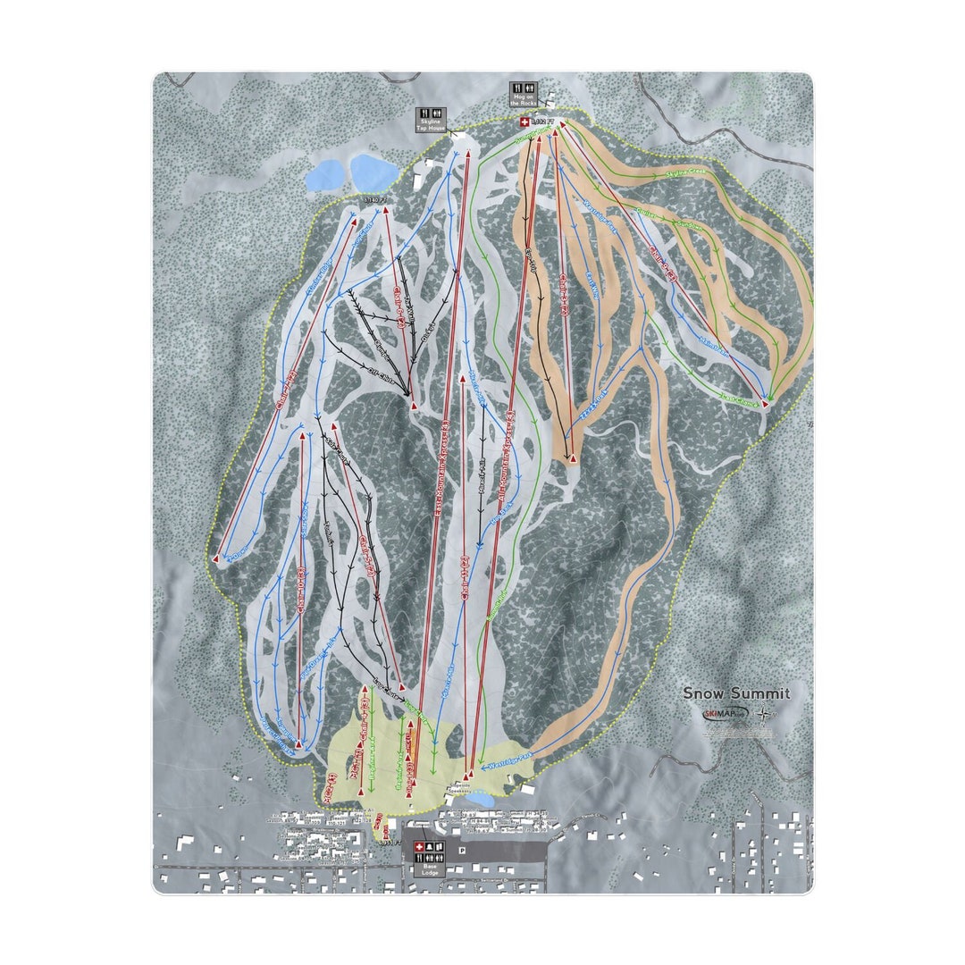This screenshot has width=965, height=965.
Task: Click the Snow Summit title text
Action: pyautogui.click(x=736, y=693)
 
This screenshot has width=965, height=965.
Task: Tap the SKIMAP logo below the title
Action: pyautogui.click(x=722, y=714)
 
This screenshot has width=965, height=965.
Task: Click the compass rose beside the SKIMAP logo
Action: pyautogui.click(x=763, y=714)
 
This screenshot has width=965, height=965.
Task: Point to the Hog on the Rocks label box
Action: pyautogui.click(x=523, y=94)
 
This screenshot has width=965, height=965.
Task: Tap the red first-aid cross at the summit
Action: pyautogui.click(x=524, y=122)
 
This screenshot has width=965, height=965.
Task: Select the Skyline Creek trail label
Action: pyautogui.click(x=685, y=173)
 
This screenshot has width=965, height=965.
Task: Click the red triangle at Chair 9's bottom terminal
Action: pyautogui.click(x=765, y=405)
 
